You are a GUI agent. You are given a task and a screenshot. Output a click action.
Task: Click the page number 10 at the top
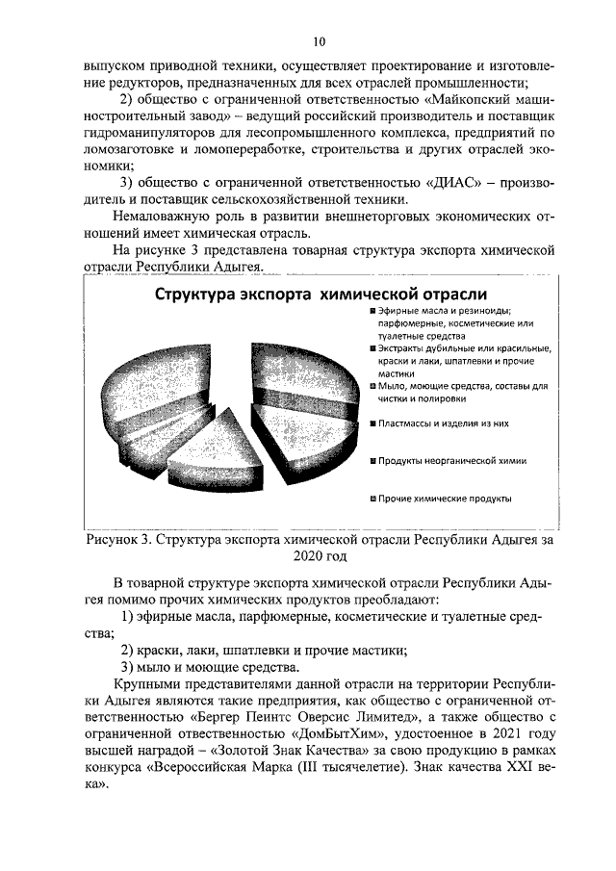pos(319,41)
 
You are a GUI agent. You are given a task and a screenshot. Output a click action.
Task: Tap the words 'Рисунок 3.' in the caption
pos(116,541)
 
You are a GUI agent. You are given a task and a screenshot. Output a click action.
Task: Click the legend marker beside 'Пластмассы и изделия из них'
pos(372,423)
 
